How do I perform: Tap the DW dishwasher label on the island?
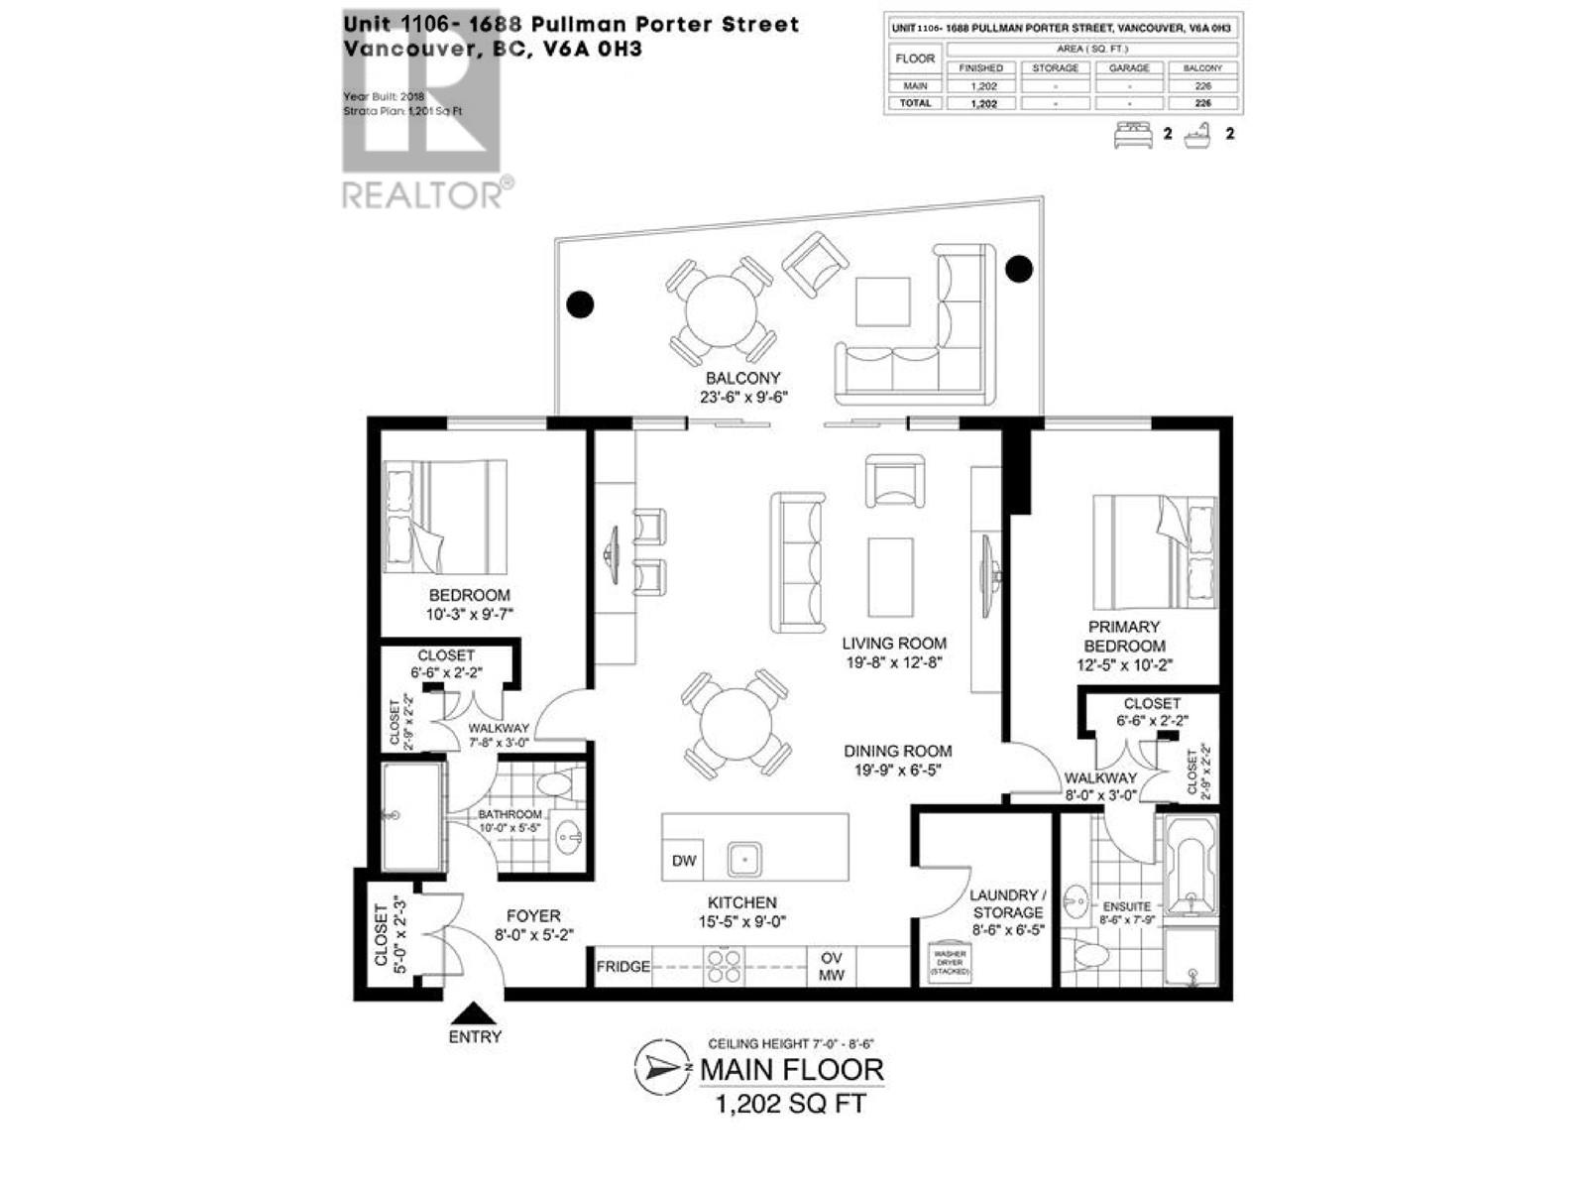coord(684,861)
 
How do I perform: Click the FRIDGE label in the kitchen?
coord(623,966)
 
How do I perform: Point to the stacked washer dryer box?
coord(950,964)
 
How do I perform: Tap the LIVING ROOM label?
coord(894,643)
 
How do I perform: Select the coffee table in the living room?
coord(890,577)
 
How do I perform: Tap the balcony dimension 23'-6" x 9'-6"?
coord(742,398)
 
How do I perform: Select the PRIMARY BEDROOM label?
coord(1124,636)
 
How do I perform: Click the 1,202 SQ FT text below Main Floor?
coord(791,1104)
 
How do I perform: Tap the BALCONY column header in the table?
coord(1202,67)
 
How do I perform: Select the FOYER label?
coord(533,916)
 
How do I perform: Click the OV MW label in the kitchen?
coord(832,967)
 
